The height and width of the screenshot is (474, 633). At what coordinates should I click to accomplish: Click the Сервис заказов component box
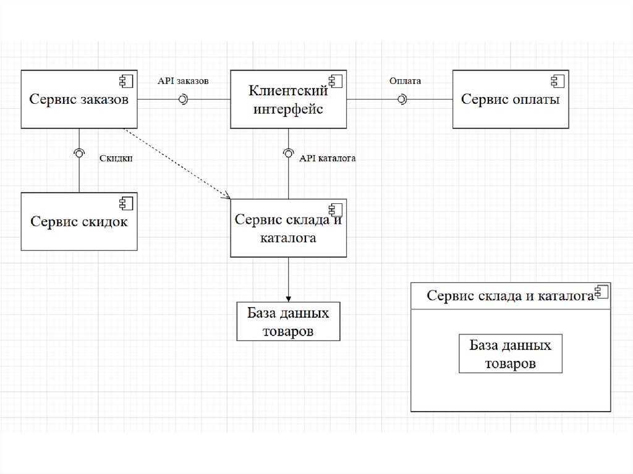[79, 99]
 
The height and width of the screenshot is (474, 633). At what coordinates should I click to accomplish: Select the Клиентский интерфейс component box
[288, 99]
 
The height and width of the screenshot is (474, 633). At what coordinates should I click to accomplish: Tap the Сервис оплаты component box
[511, 99]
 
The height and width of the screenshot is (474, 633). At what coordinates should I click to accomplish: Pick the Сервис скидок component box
[79, 221]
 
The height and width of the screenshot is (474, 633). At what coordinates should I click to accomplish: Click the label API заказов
[183, 81]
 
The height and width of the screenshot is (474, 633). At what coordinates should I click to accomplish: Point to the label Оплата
[405, 81]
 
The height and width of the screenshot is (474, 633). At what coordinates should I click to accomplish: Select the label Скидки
[116, 158]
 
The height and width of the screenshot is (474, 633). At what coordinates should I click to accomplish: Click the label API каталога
[328, 158]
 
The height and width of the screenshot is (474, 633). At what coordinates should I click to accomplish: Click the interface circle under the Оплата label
[402, 99]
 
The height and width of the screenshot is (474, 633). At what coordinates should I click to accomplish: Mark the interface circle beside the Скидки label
[79, 152]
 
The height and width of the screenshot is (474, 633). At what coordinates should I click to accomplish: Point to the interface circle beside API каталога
[289, 153]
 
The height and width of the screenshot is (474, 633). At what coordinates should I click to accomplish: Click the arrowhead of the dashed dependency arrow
[227, 197]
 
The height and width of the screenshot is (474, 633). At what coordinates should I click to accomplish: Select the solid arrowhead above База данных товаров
[289, 297]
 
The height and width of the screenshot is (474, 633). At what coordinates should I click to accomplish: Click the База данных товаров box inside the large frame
[511, 354]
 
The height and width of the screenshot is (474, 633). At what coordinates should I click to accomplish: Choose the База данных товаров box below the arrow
[289, 321]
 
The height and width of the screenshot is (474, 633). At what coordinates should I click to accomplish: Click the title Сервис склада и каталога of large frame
[510, 296]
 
